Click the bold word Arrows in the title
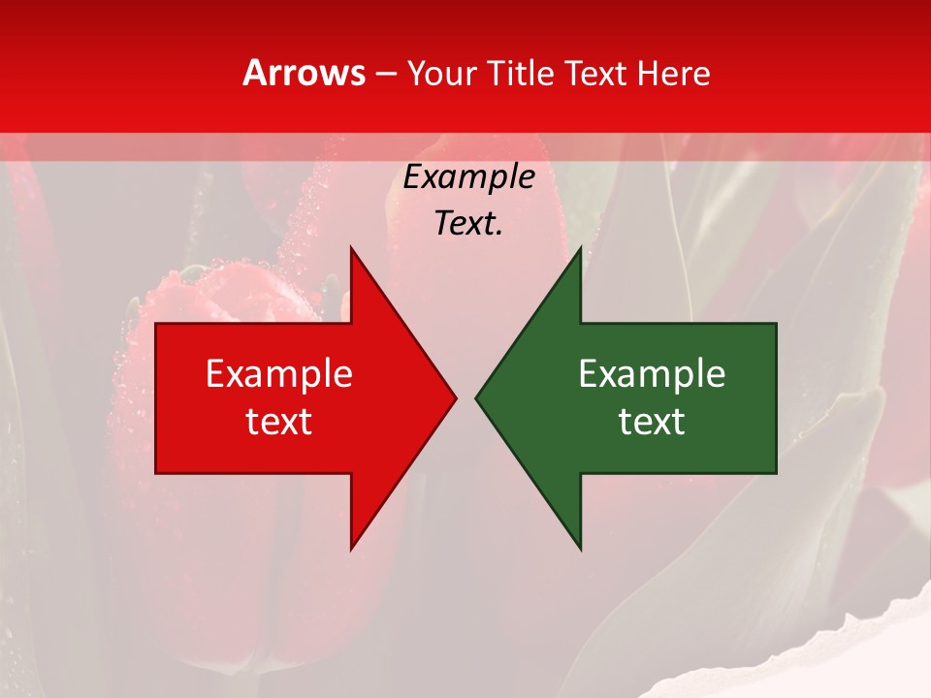(x=305, y=73)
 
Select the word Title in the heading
(x=524, y=74)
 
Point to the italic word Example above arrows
(x=468, y=177)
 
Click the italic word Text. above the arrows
(x=468, y=223)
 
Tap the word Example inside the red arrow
(x=279, y=374)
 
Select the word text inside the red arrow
(x=279, y=422)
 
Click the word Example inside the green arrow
(x=652, y=374)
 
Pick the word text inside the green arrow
(x=652, y=422)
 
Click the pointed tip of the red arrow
(x=455, y=397)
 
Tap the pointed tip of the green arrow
(x=477, y=397)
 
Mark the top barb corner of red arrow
(x=351, y=248)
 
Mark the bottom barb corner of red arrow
(x=351, y=548)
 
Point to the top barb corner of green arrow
(x=580, y=248)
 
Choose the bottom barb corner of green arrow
(x=580, y=548)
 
